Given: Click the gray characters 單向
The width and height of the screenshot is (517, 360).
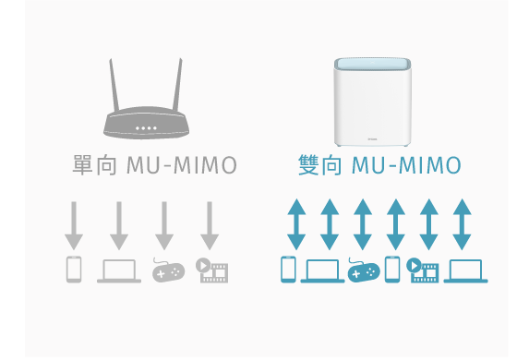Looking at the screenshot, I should pyautogui.click(x=92, y=166).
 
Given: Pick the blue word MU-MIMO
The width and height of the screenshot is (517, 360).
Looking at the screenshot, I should pyautogui.click(x=406, y=166).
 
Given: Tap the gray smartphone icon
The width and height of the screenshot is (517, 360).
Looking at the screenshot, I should pyautogui.click(x=74, y=270).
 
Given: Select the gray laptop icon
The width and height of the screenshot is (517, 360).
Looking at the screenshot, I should pyautogui.click(x=119, y=270).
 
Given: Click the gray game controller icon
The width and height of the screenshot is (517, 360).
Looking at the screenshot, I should pyautogui.click(x=167, y=270).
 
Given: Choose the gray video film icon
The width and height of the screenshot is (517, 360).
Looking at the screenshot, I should pyautogui.click(x=212, y=270).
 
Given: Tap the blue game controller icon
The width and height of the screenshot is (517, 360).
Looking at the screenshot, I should pyautogui.click(x=363, y=270).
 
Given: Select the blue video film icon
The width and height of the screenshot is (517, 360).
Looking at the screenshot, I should pyautogui.click(x=424, y=270).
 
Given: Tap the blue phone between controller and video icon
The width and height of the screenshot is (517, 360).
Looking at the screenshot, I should pyautogui.click(x=392, y=270).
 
